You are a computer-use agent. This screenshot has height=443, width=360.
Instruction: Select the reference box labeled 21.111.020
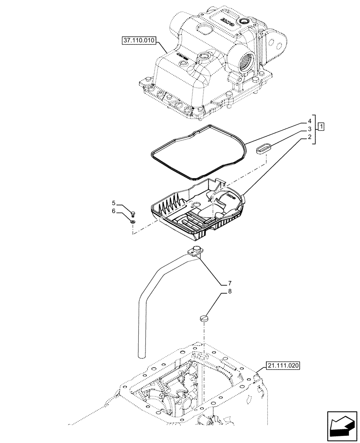[x=284, y=365]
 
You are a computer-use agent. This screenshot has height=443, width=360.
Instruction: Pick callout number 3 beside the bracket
[x=310, y=129]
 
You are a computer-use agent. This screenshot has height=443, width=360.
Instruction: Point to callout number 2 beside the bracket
[x=310, y=138]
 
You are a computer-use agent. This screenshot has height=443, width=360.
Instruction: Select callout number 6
[x=114, y=211]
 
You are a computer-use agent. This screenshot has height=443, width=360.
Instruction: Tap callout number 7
[x=230, y=283]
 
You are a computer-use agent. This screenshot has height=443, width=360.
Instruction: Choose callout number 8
[x=230, y=291]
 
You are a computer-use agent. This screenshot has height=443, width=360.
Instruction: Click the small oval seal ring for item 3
[x=263, y=148]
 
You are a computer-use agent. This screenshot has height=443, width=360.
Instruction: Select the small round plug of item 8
[x=203, y=317]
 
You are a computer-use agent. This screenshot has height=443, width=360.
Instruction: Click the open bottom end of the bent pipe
[x=141, y=354]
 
